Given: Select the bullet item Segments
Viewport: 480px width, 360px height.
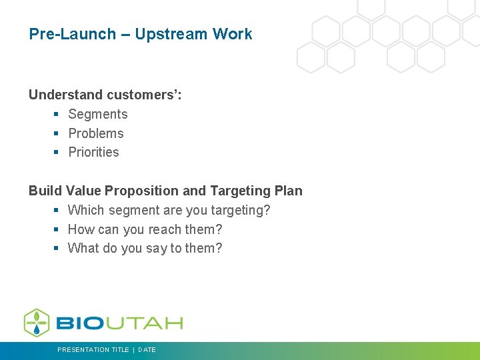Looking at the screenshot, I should [98, 114].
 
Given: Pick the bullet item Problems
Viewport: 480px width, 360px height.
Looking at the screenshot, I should [96, 133].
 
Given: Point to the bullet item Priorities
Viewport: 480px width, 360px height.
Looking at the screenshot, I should [93, 152].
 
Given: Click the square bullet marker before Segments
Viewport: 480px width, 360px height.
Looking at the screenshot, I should [57, 115].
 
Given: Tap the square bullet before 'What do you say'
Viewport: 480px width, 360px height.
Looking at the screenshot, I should [57, 249].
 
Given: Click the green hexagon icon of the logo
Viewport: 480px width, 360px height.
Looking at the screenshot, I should [37, 323].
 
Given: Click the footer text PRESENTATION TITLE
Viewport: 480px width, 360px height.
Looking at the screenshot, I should [93, 350].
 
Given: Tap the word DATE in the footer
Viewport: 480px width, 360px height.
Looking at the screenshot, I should [147, 350].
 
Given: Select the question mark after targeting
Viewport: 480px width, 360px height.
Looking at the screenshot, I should [267, 211].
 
